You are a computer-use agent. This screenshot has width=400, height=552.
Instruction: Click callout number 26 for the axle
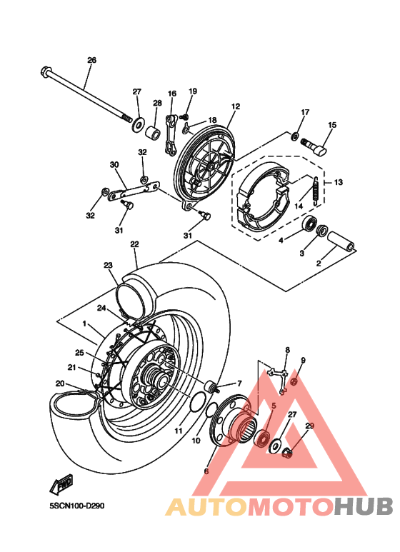click(x=91, y=60)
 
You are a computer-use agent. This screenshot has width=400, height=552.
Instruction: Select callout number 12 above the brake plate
click(x=235, y=106)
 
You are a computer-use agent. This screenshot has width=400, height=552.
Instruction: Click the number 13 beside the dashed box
click(x=338, y=182)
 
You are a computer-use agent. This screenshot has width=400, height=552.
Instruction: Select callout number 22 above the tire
click(x=134, y=244)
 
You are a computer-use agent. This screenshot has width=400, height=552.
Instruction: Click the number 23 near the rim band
click(x=108, y=266)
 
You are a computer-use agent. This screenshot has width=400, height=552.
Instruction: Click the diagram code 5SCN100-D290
click(x=77, y=506)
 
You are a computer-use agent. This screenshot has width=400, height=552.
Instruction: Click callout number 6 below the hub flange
click(x=206, y=471)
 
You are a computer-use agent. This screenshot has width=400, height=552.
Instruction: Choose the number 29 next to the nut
click(x=309, y=426)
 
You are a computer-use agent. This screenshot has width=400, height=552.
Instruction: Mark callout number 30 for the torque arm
click(x=113, y=165)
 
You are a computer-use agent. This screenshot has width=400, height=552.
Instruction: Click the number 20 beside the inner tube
click(x=61, y=384)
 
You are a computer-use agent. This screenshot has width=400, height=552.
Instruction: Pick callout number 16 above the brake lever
click(x=172, y=94)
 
